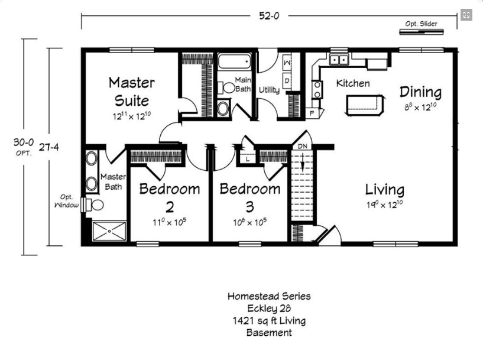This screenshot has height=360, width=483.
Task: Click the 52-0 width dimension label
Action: tap(268, 16)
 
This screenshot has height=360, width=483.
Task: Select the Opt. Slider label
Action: tap(421, 24)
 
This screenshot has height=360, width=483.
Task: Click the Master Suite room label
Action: tap(131, 91)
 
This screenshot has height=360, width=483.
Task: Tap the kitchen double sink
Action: tap(339, 60)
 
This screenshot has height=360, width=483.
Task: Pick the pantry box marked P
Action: tap(311, 112)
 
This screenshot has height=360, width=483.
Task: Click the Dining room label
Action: tap(420, 92)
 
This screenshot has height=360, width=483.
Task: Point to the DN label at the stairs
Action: tap(302, 147)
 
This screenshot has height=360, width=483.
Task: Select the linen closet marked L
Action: tap(247, 158)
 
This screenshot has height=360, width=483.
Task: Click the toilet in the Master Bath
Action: tap(95, 205)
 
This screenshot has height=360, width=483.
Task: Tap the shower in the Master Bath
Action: tap(109, 232)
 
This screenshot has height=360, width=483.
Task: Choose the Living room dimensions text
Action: tap(384, 205)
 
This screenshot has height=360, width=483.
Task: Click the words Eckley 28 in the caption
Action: tap(269, 309)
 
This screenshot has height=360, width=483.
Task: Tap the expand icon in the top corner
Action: tap(466, 15)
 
